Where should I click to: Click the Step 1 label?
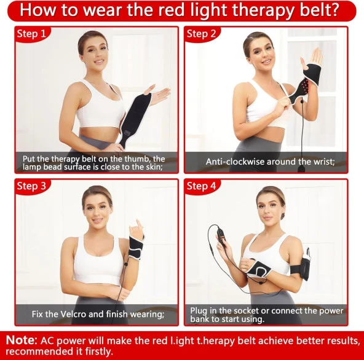tap(31, 34)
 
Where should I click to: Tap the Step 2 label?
tap(201, 34)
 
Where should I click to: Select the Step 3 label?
tap(31, 186)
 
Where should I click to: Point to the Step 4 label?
tap(201, 186)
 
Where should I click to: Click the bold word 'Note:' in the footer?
tap(22, 340)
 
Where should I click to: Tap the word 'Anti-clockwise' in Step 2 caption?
tap(235, 162)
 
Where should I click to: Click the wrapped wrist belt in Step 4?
tap(259, 270)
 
